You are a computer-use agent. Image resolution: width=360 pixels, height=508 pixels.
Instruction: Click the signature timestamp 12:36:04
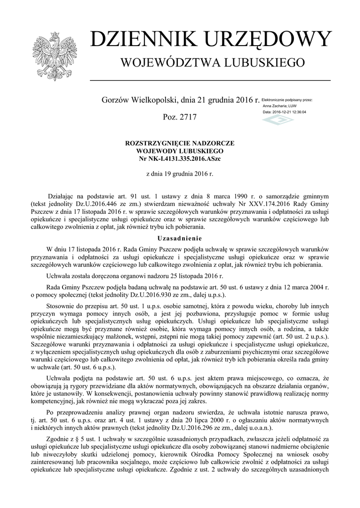[x=298, y=112]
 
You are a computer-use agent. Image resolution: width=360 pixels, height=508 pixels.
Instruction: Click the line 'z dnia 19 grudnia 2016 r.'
[x=180, y=175]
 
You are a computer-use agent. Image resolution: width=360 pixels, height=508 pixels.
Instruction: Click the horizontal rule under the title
[x=210, y=80]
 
